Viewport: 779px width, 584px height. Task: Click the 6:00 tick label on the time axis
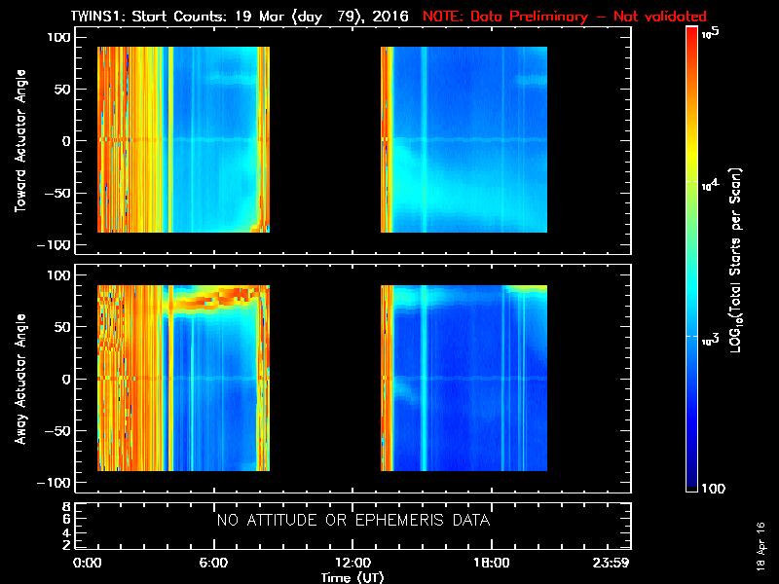(213, 564)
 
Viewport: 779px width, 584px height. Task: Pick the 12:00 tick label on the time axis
(352, 564)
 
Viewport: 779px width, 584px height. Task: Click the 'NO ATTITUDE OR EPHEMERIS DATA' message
(352, 521)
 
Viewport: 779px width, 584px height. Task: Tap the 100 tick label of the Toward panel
(59, 37)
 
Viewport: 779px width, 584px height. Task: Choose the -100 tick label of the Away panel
(56, 484)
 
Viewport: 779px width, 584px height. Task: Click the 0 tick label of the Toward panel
(67, 141)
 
